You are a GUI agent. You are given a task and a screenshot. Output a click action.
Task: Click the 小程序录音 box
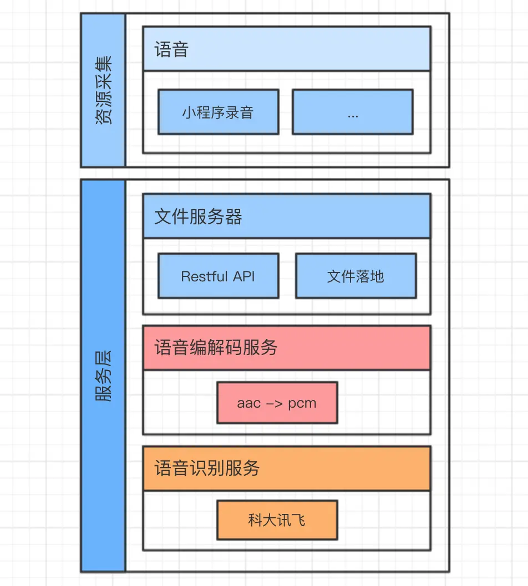tap(218, 112)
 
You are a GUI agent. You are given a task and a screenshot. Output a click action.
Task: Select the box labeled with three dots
tap(352, 112)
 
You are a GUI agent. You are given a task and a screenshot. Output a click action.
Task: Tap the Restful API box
tap(218, 276)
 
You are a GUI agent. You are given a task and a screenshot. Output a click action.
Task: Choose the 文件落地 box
tap(356, 276)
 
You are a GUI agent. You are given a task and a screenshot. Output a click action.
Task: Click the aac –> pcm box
tap(277, 403)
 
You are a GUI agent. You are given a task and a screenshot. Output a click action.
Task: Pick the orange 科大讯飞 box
tap(277, 520)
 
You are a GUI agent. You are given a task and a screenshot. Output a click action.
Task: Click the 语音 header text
tap(171, 49)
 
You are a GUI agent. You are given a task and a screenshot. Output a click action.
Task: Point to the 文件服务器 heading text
tap(198, 217)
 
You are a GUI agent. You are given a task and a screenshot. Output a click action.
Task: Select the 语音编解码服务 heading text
tap(216, 348)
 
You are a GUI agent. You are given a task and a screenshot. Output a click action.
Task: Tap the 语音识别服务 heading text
tap(207, 469)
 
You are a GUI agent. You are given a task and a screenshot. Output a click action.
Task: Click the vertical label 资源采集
tap(103, 90)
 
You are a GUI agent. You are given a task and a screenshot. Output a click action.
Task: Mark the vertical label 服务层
tap(103, 376)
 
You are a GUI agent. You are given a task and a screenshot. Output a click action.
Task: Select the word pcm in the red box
tap(302, 403)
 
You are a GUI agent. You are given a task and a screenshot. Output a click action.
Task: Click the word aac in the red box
tap(249, 403)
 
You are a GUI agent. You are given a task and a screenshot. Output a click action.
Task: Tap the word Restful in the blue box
tap(205, 276)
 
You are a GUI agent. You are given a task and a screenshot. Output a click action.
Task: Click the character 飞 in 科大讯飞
tap(298, 520)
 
